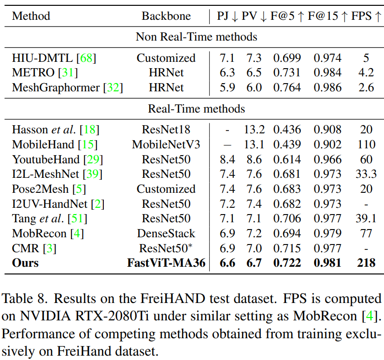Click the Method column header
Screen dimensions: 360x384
(31, 16)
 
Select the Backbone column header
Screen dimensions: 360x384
(166, 16)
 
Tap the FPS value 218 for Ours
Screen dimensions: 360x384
(366, 263)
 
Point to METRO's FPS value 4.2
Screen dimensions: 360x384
(366, 73)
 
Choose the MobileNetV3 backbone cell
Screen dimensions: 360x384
(166, 144)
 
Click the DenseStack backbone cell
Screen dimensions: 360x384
(166, 233)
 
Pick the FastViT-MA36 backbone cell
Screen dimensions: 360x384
(166, 263)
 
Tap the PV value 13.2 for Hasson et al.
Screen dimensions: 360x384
(254, 130)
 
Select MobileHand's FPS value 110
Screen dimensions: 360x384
(366, 144)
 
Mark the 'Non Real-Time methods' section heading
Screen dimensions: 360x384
(196, 37)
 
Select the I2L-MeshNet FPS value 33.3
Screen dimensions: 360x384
(366, 174)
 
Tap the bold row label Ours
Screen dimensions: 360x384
(25, 263)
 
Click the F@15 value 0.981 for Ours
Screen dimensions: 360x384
(327, 263)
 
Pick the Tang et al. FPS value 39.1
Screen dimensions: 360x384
(366, 219)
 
